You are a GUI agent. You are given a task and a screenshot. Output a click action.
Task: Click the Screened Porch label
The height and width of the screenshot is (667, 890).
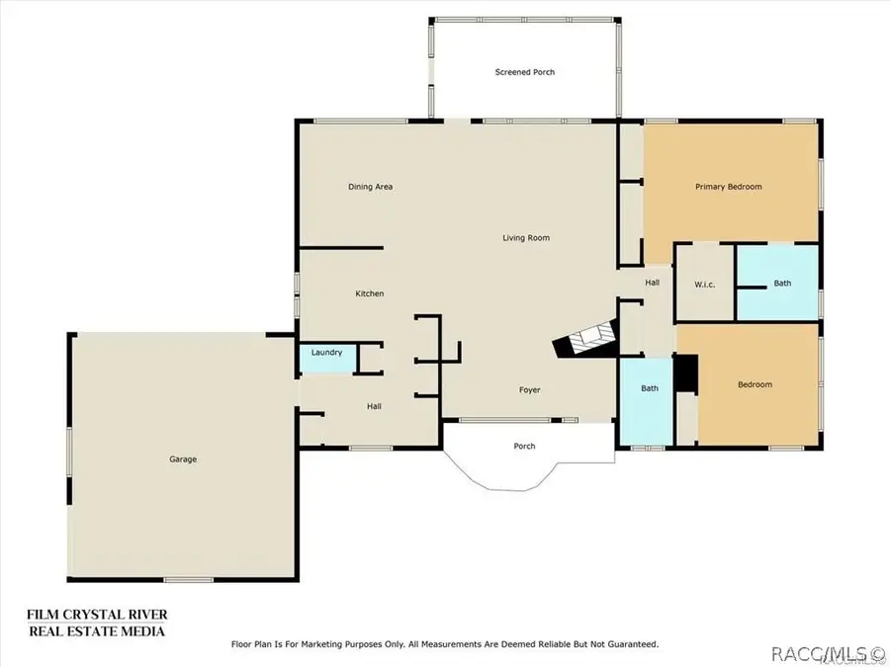point(524,72)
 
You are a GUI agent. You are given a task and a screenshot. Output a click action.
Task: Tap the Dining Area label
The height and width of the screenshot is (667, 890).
point(370,187)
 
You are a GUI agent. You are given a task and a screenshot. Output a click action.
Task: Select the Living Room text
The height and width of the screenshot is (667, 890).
point(525,238)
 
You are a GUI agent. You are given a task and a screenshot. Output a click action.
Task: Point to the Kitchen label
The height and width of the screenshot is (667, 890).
point(370,293)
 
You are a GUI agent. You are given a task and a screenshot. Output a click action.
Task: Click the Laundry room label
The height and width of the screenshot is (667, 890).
point(326,353)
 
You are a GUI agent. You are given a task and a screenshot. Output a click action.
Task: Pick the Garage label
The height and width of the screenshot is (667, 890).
point(182,459)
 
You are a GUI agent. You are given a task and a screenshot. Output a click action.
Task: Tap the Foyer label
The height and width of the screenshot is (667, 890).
point(530,390)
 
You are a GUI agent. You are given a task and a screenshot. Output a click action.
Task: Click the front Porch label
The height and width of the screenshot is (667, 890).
point(524,447)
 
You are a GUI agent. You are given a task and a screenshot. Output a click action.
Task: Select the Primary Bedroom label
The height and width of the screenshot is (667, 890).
point(728,187)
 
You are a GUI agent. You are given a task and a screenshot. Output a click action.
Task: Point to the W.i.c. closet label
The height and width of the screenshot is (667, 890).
point(704,285)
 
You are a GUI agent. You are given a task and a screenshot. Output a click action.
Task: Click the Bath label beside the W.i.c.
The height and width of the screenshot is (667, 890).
point(782,284)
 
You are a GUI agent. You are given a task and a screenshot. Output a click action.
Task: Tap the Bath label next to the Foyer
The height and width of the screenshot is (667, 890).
point(650,388)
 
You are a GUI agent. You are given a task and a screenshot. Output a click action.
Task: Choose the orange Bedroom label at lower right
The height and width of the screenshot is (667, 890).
point(755,384)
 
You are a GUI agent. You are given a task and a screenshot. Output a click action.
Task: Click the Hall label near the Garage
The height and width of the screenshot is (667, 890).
point(374,406)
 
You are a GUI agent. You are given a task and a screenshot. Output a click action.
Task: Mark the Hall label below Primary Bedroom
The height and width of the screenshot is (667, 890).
point(653,283)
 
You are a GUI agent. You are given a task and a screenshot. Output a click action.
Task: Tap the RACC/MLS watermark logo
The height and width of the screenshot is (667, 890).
point(826,652)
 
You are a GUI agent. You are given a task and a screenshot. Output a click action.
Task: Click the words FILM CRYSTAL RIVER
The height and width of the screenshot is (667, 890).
point(96,615)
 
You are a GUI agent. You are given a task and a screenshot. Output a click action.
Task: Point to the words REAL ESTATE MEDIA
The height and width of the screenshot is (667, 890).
point(96,631)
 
